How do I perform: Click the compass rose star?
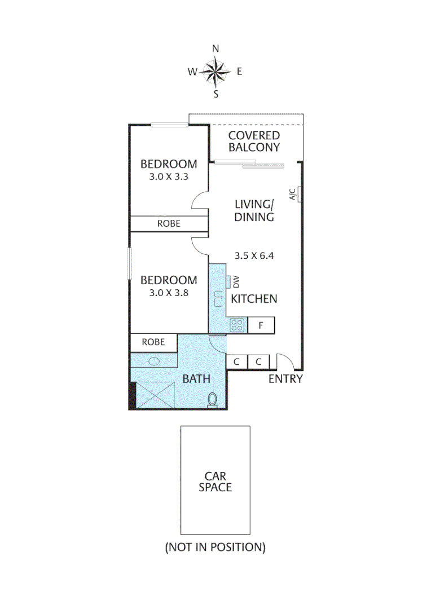215,72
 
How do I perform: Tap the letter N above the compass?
215,49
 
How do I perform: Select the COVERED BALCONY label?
254,142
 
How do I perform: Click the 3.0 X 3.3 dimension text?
169,176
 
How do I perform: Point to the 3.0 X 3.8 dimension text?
169,293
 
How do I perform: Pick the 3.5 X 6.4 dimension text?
254,255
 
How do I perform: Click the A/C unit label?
293,195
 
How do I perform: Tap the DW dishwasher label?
236,281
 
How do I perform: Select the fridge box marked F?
261,325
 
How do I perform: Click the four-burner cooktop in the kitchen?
238,325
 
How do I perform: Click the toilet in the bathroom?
213,399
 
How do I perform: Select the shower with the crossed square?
156,395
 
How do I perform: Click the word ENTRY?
285,379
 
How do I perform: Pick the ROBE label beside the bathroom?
153,342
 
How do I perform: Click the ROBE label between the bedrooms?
169,224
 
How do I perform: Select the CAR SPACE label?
215,482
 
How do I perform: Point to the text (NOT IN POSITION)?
215,547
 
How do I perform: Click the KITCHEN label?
254,299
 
